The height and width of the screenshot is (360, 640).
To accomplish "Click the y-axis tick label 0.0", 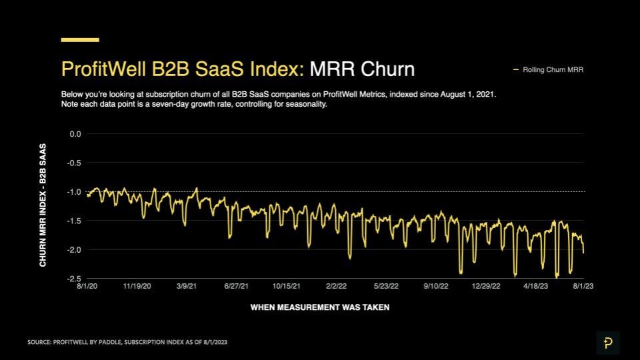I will click(x=75, y=134).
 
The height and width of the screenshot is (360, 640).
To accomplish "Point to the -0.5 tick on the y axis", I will click(x=75, y=163).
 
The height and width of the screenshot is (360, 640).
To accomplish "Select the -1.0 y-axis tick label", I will click(x=75, y=192).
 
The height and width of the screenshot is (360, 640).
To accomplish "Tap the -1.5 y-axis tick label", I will click(x=75, y=221).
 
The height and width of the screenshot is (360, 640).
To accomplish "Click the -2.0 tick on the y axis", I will click(x=75, y=249).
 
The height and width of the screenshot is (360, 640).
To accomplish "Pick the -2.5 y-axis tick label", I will click(x=75, y=278).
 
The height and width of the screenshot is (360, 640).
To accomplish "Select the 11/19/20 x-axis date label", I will click(x=137, y=285).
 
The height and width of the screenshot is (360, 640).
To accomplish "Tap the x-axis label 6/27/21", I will click(x=235, y=285).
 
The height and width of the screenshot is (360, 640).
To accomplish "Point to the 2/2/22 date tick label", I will click(x=335, y=285).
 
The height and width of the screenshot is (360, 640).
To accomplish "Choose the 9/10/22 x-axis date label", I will click(x=435, y=285).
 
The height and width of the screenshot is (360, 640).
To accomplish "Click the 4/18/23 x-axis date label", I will click(x=535, y=285).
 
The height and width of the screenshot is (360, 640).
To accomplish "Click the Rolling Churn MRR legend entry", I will click(x=553, y=69).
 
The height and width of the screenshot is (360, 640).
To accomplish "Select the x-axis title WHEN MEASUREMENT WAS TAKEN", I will click(x=319, y=307).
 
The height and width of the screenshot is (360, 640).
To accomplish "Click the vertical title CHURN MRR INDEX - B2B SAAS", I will click(x=43, y=205).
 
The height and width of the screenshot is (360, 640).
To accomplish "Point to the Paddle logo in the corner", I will click(x=607, y=343).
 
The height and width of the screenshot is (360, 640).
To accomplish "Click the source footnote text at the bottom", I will click(x=132, y=342).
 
